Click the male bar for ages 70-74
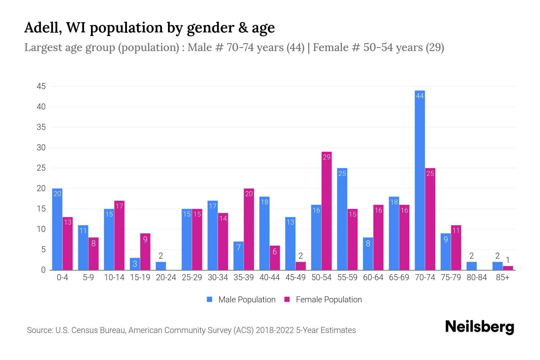click(x=420, y=180)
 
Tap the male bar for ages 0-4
click(x=57, y=229)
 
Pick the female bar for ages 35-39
click(x=249, y=229)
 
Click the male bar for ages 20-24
click(x=161, y=266)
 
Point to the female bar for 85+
click(x=508, y=268)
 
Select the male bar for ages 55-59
click(x=342, y=219)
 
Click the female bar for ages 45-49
click(x=301, y=266)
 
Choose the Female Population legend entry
click(x=323, y=300)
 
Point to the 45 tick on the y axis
click(x=41, y=86)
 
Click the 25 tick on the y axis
click(x=41, y=168)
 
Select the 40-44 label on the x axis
click(x=269, y=277)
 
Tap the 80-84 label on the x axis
click(x=477, y=277)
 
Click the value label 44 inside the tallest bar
click(x=420, y=96)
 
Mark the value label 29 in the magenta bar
click(x=326, y=157)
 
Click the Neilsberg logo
click(x=479, y=327)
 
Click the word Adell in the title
click(x=43, y=28)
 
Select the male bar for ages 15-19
click(x=135, y=264)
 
